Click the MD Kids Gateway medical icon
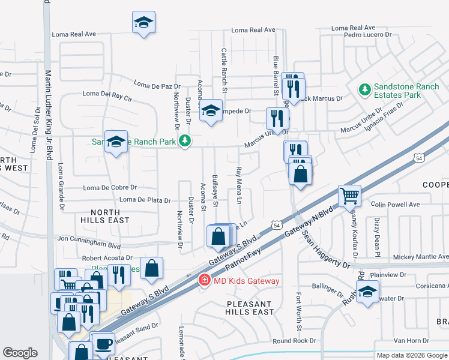(204, 280)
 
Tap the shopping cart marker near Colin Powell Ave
(350, 195)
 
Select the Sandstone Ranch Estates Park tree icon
(364, 90)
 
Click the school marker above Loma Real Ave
(143, 23)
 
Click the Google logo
(20, 353)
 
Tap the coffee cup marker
(104, 344)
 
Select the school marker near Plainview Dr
(367, 292)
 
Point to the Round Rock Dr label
(294, 341)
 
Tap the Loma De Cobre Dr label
(110, 188)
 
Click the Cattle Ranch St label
(224, 71)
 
